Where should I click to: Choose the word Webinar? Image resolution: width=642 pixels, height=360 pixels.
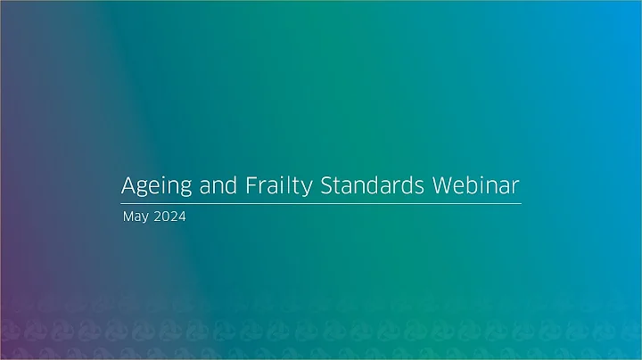475,187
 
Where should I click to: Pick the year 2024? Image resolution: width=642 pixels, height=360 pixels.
169,217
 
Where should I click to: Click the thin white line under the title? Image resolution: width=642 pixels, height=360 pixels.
321,204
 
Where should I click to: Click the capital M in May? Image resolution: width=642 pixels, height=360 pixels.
128,217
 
